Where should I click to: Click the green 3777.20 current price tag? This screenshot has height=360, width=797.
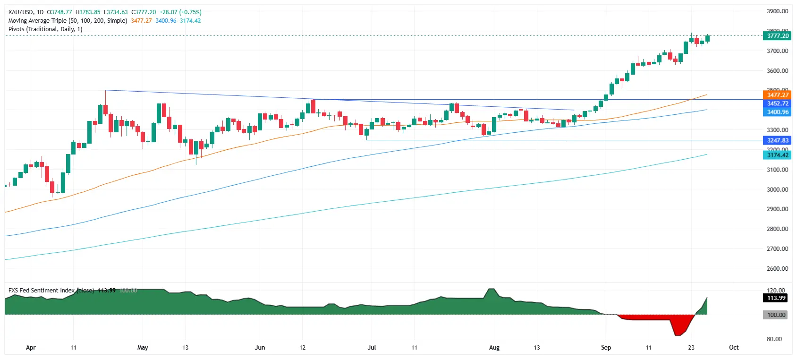[777, 36]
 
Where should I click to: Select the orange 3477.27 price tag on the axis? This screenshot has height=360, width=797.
[777, 95]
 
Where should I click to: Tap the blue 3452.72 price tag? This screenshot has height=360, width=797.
[777, 103]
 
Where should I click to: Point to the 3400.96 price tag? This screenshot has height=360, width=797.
[777, 112]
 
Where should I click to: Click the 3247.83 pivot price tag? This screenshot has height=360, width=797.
[777, 140]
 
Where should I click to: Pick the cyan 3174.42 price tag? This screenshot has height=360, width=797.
[777, 155]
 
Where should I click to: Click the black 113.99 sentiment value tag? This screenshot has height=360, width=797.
[776, 298]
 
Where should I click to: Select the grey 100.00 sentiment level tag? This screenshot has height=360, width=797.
[776, 315]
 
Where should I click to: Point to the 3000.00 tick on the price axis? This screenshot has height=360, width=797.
[777, 189]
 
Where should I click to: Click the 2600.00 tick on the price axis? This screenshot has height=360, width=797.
[777, 268]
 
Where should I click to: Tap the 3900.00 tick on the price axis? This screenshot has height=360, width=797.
[777, 11]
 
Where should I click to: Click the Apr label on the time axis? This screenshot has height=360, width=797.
[31, 348]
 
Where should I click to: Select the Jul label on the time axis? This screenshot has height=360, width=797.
[372, 348]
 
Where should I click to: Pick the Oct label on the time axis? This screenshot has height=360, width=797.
[734, 348]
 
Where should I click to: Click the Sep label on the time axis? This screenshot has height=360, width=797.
[606, 348]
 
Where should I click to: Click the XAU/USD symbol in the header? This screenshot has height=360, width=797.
[21, 12]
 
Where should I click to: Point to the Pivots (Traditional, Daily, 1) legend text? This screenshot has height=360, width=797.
[45, 29]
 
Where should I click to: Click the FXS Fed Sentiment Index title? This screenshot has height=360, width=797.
[42, 291]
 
